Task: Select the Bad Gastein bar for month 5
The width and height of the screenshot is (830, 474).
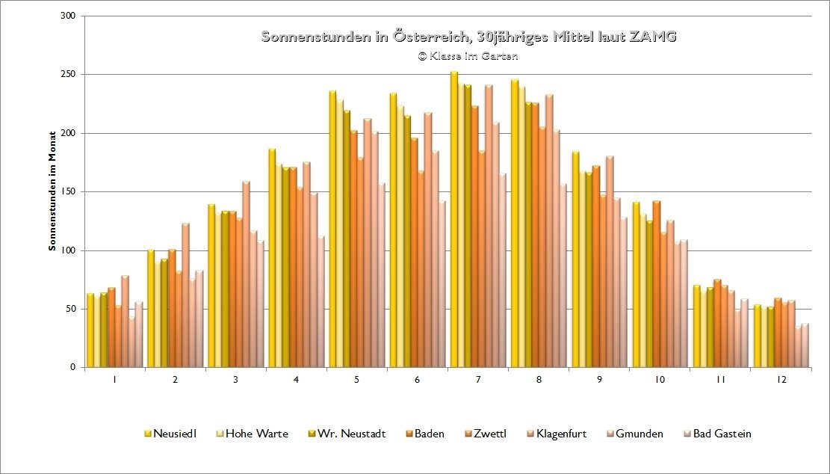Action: point(382,277)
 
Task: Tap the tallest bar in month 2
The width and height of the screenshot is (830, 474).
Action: point(185,296)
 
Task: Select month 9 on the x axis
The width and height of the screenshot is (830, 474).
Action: point(598,380)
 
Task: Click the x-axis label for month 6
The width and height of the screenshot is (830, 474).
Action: point(417,380)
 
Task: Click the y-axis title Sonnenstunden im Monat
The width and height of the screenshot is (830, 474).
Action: point(53,192)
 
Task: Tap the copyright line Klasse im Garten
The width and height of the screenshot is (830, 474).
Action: point(468,56)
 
